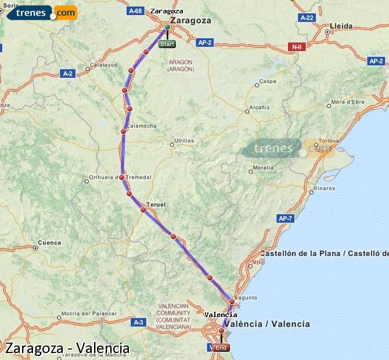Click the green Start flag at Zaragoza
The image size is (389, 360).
[x=167, y=44]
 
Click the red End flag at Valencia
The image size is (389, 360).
[x=221, y=348]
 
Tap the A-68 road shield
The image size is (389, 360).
[x=135, y=11]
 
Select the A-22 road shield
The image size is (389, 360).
[x=307, y=18]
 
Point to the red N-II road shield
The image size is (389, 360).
[x=297, y=46]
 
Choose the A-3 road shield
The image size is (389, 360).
[x=138, y=322]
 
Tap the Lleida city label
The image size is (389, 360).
[x=341, y=26]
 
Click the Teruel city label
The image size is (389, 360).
[x=156, y=205]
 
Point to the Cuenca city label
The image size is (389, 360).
[x=49, y=242]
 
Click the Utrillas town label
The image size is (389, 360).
[x=184, y=141]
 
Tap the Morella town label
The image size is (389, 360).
[x=263, y=168]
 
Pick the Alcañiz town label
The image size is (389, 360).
[x=260, y=107]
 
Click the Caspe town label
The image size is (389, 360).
[x=268, y=81]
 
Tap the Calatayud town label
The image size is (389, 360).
[x=104, y=65]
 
